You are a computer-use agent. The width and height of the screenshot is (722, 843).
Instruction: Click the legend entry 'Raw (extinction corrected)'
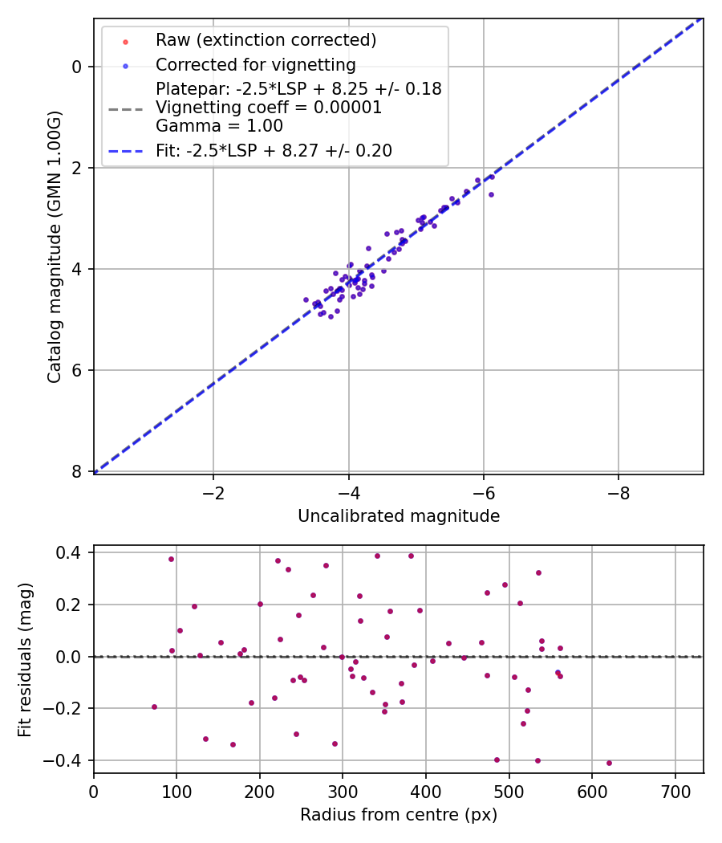pos(266,40)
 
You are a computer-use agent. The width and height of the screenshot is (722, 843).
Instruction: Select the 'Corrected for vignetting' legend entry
pos(255,64)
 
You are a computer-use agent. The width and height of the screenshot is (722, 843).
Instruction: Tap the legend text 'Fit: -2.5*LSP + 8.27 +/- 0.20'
pos(274,150)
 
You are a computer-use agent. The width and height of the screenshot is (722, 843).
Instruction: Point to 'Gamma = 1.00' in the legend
pos(219,125)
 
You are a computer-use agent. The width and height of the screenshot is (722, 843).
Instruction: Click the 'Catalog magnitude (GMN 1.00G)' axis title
pos(54,246)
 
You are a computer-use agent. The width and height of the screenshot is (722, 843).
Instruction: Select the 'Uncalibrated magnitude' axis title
pos(399,516)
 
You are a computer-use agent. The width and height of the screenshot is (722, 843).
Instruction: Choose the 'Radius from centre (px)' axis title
pos(399,815)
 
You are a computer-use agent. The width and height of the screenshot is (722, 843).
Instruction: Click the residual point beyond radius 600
pos(609,763)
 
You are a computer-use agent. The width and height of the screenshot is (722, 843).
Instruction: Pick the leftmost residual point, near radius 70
pos(154,707)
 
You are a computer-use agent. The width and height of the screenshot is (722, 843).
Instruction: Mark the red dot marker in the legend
pos(125,41)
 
